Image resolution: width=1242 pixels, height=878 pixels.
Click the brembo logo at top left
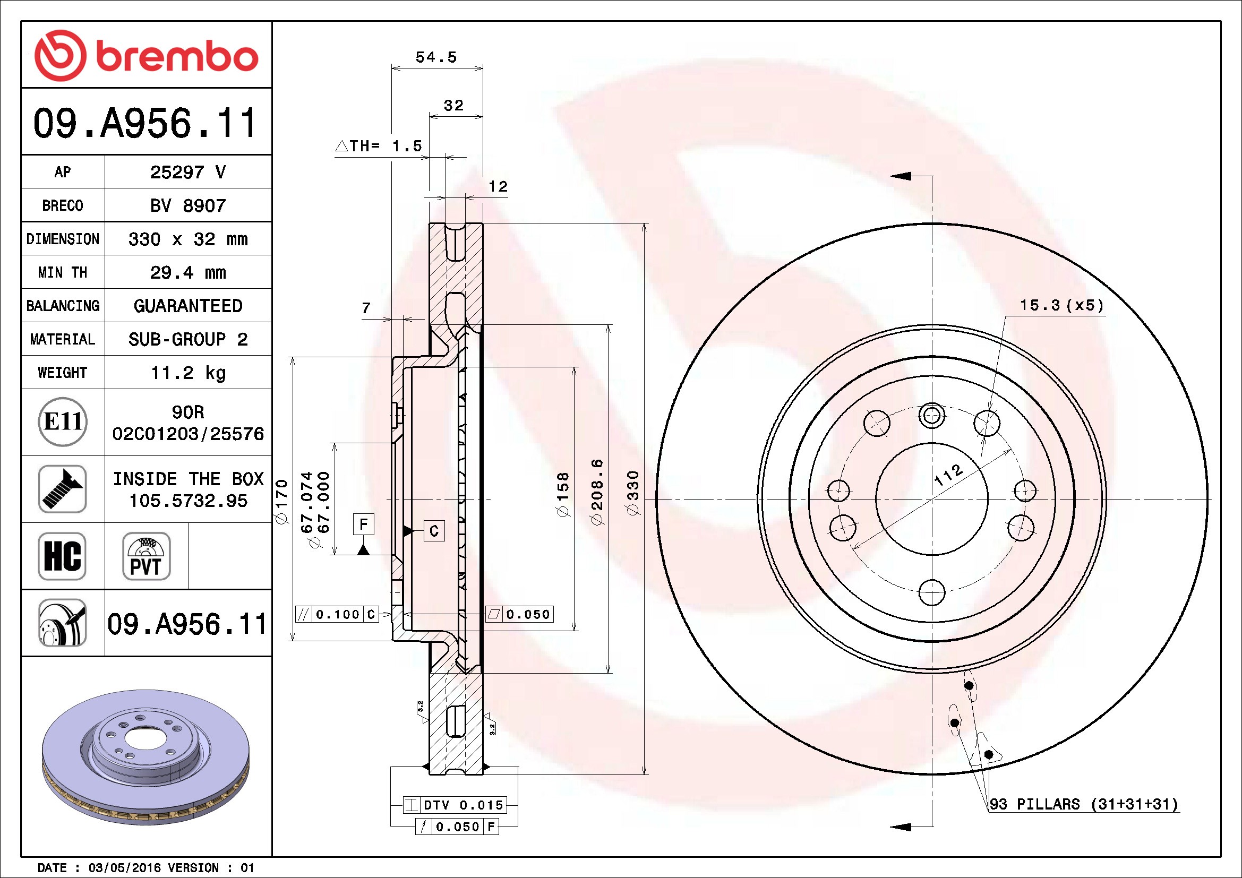coord(146,56)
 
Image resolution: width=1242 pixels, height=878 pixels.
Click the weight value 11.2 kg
coord(187,373)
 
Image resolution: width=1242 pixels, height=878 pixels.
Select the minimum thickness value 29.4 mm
coord(187,272)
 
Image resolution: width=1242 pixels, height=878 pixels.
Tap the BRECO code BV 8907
coord(187,205)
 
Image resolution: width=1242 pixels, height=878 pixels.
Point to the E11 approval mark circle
coord(63,421)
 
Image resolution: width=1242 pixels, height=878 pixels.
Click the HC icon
coord(62,556)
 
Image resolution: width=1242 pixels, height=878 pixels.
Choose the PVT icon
coord(146,556)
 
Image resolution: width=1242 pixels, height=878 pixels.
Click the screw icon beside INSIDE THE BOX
coord(62,489)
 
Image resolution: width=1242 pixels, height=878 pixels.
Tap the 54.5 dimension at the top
coord(436,57)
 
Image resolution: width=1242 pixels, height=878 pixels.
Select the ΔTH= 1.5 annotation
coord(379,146)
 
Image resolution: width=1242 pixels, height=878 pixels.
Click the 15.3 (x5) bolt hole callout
coord(1061,305)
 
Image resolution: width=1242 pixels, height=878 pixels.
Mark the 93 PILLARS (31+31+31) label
coord(1084,804)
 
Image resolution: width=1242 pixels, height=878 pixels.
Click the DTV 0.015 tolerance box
coord(462,805)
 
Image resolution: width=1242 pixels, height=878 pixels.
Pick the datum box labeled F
coord(364,524)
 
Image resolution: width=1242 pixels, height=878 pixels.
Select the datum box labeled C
coord(434,531)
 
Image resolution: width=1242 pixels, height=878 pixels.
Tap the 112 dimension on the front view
coord(949,475)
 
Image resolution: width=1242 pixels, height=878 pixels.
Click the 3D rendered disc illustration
coord(146,757)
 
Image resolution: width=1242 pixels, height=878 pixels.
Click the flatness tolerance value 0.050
coord(527,614)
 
